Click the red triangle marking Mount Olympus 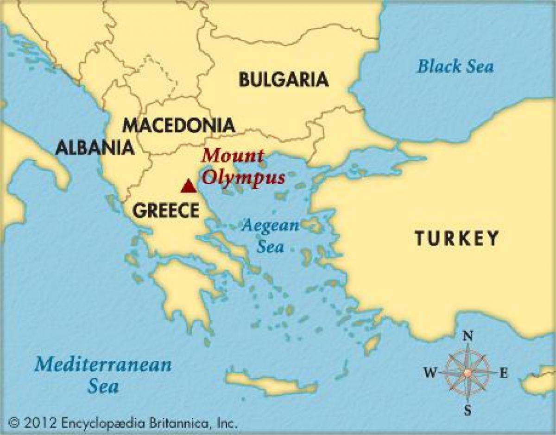point(188,186)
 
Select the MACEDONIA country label point(178,125)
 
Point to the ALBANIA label point(95,148)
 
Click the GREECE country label point(165,211)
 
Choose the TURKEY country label point(456,238)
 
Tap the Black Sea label point(455,66)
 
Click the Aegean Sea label point(271,236)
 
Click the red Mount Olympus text point(243,167)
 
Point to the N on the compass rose point(468,336)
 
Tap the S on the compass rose point(468,410)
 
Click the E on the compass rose point(503,373)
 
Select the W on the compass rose point(430,372)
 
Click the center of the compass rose point(468,372)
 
